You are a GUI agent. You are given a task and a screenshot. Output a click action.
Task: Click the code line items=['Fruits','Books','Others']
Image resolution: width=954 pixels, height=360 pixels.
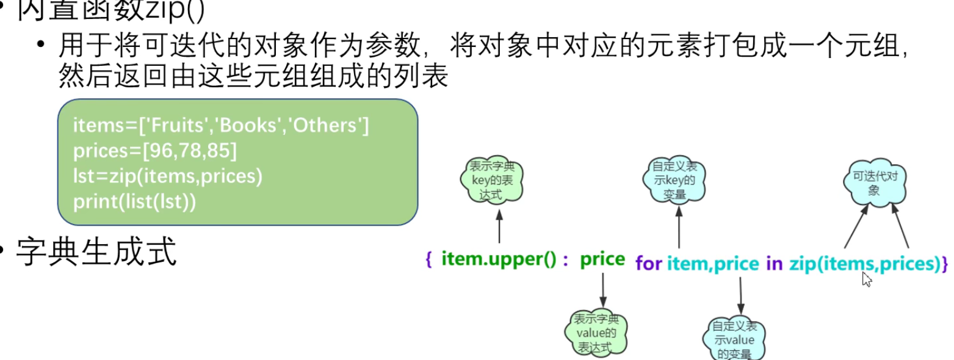point(221,126)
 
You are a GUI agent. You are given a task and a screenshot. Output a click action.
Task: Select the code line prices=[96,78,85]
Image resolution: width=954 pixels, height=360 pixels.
point(155,151)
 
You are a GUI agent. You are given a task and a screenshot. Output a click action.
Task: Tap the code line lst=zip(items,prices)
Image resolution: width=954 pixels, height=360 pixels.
point(167,176)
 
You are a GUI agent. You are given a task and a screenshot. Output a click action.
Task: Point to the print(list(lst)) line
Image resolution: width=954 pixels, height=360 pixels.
point(134,201)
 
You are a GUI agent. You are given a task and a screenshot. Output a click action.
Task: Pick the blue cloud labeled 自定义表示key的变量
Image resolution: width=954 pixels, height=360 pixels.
point(674,179)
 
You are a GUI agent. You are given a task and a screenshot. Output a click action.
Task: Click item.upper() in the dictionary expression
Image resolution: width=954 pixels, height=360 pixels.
point(498,260)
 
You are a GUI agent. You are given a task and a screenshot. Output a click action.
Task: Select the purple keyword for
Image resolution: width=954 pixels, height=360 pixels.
point(648,264)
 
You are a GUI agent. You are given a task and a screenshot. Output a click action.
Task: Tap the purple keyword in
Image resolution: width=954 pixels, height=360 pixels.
point(774,264)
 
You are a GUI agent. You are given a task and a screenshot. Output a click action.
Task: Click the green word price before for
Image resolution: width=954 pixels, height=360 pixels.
point(602,260)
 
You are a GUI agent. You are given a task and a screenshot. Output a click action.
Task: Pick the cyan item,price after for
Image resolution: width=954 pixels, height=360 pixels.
point(712,264)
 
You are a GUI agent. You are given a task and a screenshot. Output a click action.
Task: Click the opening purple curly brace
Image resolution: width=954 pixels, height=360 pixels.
point(428,260)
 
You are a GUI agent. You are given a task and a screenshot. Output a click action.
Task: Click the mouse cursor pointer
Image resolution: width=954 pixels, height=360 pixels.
point(866,279)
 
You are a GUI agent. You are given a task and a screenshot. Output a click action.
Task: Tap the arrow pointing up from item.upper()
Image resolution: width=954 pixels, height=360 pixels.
point(499,226)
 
